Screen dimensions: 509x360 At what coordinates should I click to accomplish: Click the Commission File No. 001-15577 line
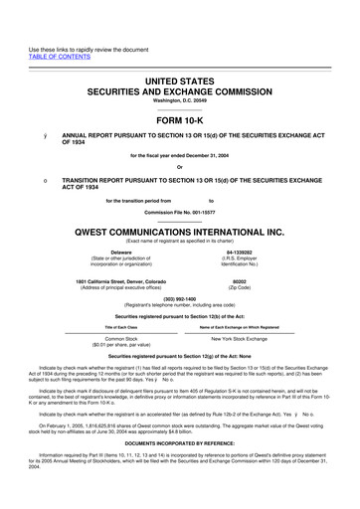(180, 211)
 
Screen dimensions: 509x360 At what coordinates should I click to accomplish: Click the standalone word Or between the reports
(180, 165)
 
